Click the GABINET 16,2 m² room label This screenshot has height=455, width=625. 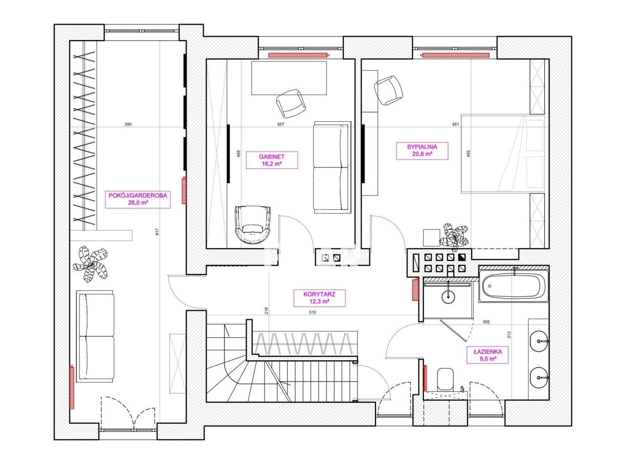272,160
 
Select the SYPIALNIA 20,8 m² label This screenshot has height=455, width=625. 422,151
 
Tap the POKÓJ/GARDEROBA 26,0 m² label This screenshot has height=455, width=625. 138,199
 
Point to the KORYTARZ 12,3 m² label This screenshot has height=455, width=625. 319,298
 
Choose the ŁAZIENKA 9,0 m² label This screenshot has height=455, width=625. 487,355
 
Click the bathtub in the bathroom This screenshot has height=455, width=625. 514,286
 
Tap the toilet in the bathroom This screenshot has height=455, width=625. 445,380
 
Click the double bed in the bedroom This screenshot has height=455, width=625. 502,153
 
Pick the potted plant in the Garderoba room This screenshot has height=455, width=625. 91,264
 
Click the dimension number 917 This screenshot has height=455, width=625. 157,232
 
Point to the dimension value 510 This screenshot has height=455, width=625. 312,312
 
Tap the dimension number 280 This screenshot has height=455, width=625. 128,124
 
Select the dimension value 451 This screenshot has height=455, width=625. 455,124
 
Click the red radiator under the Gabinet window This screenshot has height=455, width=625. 299,55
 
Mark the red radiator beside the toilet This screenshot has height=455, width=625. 425,378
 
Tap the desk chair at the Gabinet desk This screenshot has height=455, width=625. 291,103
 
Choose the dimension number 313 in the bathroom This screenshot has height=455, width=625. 509,335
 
